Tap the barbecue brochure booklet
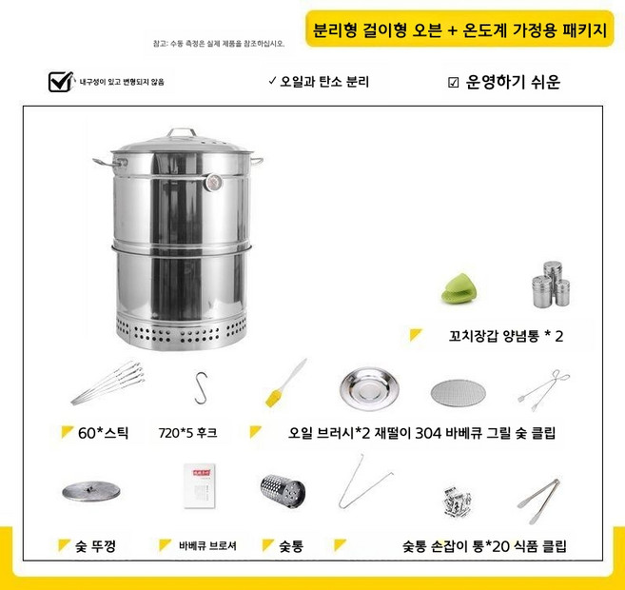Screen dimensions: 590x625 pyautogui.click(x=201, y=485)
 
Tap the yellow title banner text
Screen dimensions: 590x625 pyautogui.click(x=459, y=29)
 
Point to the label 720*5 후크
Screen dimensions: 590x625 pyautogui.click(x=187, y=433)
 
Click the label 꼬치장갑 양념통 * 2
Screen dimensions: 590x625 pyautogui.click(x=506, y=336)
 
